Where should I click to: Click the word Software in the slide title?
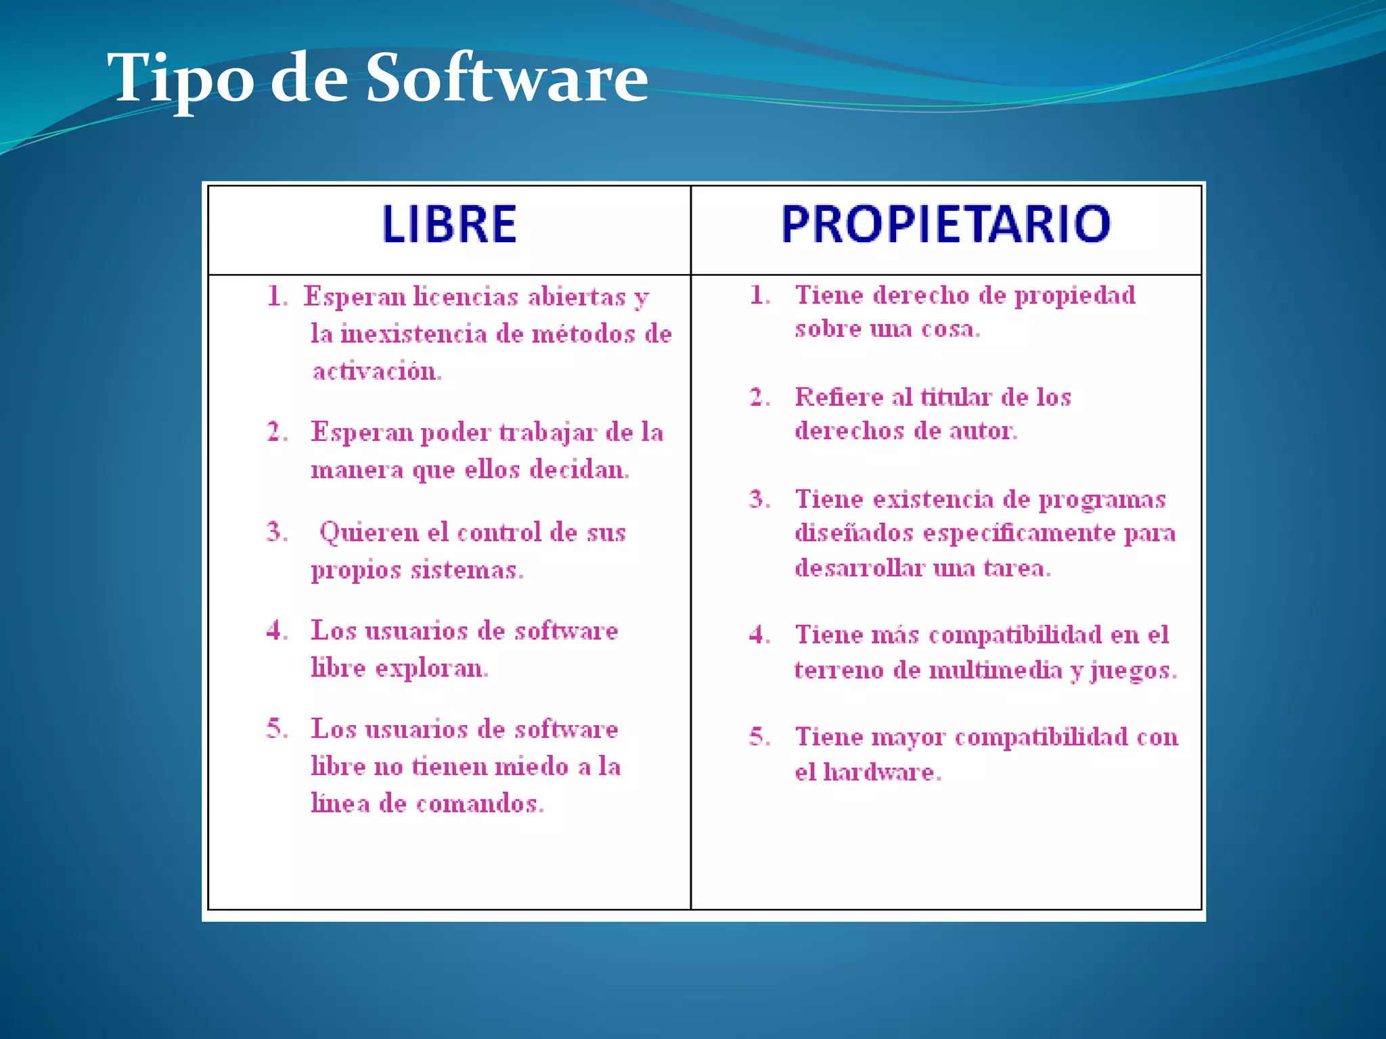click(507, 78)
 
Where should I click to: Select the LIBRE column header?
click(449, 225)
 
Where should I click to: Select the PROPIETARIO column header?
click(945, 224)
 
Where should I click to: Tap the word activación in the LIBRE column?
click(377, 371)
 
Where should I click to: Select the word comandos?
click(480, 804)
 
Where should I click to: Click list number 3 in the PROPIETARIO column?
click(759, 499)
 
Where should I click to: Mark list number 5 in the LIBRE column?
click(277, 729)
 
